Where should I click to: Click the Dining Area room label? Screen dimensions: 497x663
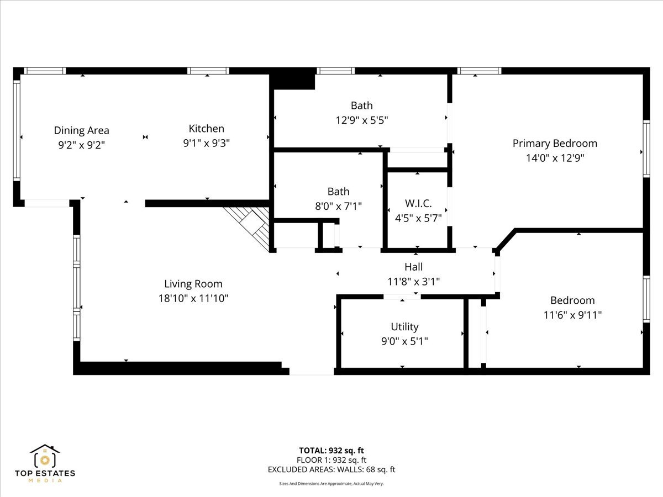click(x=81, y=131)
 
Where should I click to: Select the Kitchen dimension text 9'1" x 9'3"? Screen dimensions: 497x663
click(x=206, y=143)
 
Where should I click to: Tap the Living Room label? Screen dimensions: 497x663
click(x=193, y=284)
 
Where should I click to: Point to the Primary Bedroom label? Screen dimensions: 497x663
click(x=555, y=144)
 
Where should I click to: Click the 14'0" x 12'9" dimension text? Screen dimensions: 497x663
click(x=555, y=158)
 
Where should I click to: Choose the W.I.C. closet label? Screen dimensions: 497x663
click(x=418, y=203)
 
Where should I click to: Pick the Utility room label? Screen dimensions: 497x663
click(x=404, y=327)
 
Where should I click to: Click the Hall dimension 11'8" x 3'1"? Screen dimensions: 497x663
click(x=413, y=282)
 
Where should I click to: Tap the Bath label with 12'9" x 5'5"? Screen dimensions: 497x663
click(x=361, y=105)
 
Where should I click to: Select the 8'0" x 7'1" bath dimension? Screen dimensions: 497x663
click(x=338, y=206)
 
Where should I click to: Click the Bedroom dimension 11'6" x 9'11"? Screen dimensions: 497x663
click(x=572, y=315)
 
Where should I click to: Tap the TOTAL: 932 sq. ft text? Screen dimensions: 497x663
click(x=331, y=450)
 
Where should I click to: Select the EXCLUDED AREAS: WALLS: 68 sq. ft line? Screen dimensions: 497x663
click(x=331, y=470)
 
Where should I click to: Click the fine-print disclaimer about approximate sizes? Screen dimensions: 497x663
click(x=331, y=484)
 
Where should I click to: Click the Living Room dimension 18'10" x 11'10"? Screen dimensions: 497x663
click(x=193, y=299)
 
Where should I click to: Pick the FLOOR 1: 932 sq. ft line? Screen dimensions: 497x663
click(x=331, y=460)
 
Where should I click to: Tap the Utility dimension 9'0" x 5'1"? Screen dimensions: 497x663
click(x=404, y=341)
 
